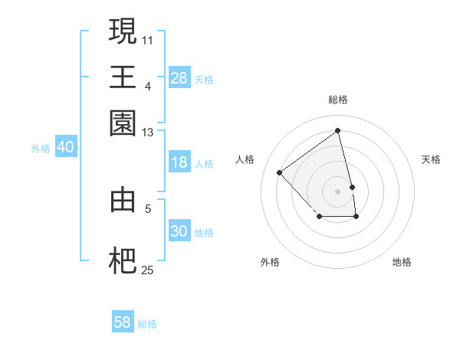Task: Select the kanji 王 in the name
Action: coord(123,77)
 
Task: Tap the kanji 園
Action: coord(123,123)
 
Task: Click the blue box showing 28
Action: coord(179,78)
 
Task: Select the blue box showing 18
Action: coord(179,162)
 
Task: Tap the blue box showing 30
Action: coord(179,231)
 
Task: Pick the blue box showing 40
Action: coord(65,148)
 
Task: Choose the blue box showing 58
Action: coord(122,322)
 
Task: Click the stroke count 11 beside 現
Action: coord(148,39)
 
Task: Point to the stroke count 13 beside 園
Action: coord(148,133)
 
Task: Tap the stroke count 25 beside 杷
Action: coord(148,270)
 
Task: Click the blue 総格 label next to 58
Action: coord(147,324)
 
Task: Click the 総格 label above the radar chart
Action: coord(338,100)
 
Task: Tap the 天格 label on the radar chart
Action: coord(431,159)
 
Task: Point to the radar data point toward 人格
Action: coord(280,172)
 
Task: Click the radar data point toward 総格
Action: coord(338,130)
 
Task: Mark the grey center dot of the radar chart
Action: coord(338,191)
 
